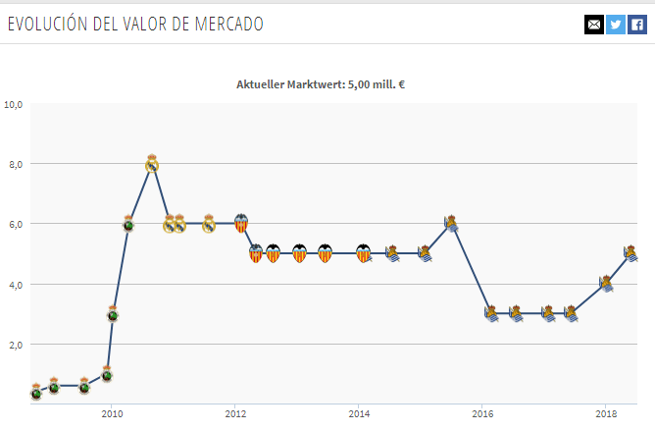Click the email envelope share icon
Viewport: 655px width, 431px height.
click(x=594, y=25)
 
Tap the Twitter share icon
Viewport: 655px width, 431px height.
click(x=616, y=25)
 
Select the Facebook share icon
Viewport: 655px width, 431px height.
click(x=637, y=25)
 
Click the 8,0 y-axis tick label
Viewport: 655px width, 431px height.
click(x=16, y=164)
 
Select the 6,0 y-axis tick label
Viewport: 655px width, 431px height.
click(x=16, y=224)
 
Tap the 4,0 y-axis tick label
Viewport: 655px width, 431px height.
click(x=16, y=285)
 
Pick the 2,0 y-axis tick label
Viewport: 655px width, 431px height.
click(x=16, y=345)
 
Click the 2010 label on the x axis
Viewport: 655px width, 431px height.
click(x=112, y=414)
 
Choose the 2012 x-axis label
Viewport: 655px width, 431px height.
click(x=235, y=414)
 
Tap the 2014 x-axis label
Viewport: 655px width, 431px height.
click(x=359, y=414)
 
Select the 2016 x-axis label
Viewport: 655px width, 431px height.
click(x=482, y=414)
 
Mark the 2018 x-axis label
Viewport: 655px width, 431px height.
click(x=606, y=414)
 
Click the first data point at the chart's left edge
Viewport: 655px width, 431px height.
click(x=36, y=392)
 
